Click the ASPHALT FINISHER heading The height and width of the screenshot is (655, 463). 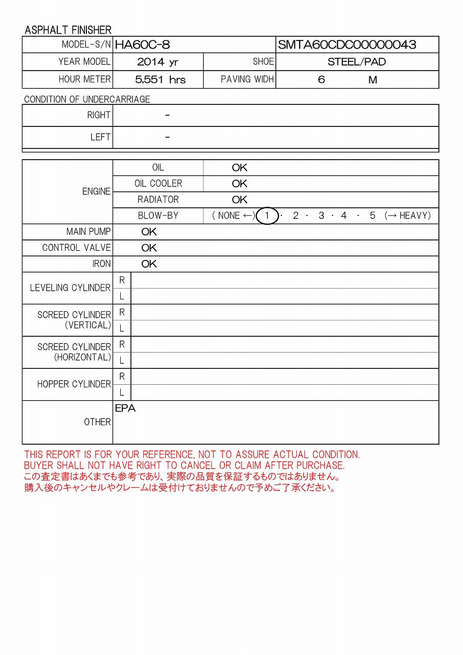pyautogui.click(x=68, y=30)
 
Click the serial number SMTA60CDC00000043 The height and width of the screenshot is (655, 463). pyautogui.click(x=347, y=45)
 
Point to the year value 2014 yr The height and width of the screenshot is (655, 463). pyautogui.click(x=158, y=62)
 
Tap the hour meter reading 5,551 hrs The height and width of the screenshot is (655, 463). pyautogui.click(x=160, y=80)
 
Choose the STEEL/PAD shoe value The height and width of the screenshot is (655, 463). pyautogui.click(x=357, y=62)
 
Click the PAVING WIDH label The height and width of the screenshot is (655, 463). pyautogui.click(x=247, y=79)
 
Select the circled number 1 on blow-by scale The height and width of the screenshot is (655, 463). pyautogui.click(x=267, y=216)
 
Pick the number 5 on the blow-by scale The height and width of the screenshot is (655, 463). pyautogui.click(x=372, y=216)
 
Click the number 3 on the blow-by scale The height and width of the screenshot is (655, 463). pyautogui.click(x=321, y=216)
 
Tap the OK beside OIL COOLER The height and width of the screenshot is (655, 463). pyautogui.click(x=239, y=184)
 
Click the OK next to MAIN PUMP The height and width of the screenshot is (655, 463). pyautogui.click(x=149, y=232)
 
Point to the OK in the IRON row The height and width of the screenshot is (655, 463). pyautogui.click(x=149, y=264)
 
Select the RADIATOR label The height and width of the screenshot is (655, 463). pyautogui.click(x=158, y=200)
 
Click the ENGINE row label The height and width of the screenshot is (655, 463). pyautogui.click(x=96, y=191)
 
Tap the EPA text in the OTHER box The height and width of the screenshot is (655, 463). pyautogui.click(x=125, y=409)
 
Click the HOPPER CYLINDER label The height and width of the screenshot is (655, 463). pyautogui.click(x=74, y=384)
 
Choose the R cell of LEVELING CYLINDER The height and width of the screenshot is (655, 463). pyautogui.click(x=122, y=280)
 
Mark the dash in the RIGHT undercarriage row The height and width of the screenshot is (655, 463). pyautogui.click(x=167, y=116)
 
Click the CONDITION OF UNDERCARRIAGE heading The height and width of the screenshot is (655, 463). pyautogui.click(x=87, y=99)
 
